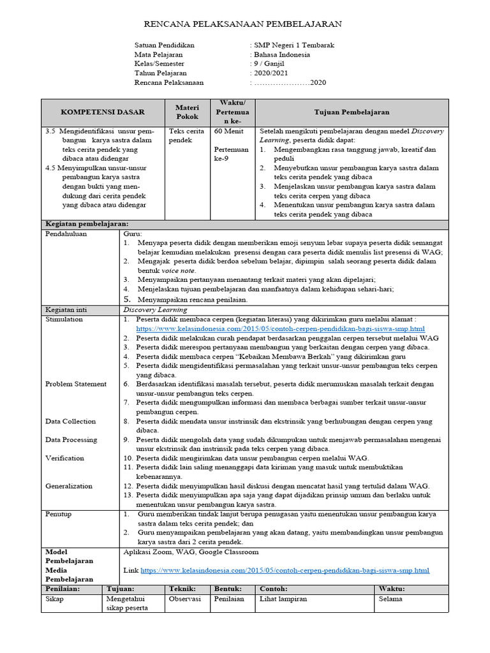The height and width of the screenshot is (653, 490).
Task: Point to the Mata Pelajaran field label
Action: click(x=158, y=55)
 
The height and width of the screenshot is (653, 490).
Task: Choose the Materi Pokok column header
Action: click(x=187, y=112)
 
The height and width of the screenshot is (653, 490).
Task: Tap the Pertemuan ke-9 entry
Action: click(x=231, y=154)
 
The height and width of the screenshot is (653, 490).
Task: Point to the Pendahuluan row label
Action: click(x=66, y=234)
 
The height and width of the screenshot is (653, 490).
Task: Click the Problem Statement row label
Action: click(x=76, y=384)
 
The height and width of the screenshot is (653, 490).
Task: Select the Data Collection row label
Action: click(x=71, y=421)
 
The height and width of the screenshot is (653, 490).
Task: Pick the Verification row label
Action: click(x=65, y=458)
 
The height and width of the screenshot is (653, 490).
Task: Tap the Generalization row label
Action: click(x=69, y=486)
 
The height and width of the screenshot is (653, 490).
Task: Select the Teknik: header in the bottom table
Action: click(x=182, y=589)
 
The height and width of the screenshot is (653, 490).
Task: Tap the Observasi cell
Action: click(x=184, y=599)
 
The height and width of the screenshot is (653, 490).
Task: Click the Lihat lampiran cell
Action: click(x=283, y=599)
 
